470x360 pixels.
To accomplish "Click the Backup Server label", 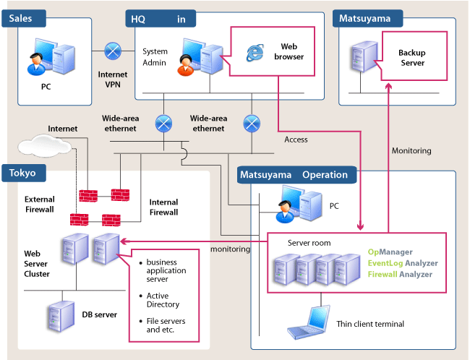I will (x=412, y=58).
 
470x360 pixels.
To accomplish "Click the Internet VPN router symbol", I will (x=112, y=51).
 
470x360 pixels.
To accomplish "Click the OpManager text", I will (x=391, y=252).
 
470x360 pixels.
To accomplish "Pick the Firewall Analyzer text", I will (x=400, y=274).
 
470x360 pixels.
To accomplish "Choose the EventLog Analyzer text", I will (x=402, y=263).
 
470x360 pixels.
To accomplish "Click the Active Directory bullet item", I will (x=163, y=300).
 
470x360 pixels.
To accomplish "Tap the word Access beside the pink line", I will (x=296, y=140).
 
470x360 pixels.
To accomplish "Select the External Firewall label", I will (x=39, y=205).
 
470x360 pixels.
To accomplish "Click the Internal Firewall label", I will (x=163, y=207).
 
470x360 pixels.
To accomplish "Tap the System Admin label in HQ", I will (x=155, y=57).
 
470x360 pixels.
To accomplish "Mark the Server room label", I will (x=309, y=243).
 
